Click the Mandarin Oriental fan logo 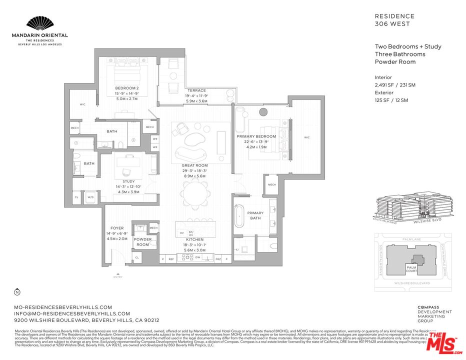point(39,23)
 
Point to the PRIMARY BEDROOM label point(256,136)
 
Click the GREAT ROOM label point(195,165)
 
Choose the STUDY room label point(128,181)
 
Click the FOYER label point(117,228)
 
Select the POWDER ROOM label point(142,242)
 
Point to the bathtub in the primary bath point(241,217)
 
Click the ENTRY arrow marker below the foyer point(118,274)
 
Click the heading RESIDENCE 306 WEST point(394,20)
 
